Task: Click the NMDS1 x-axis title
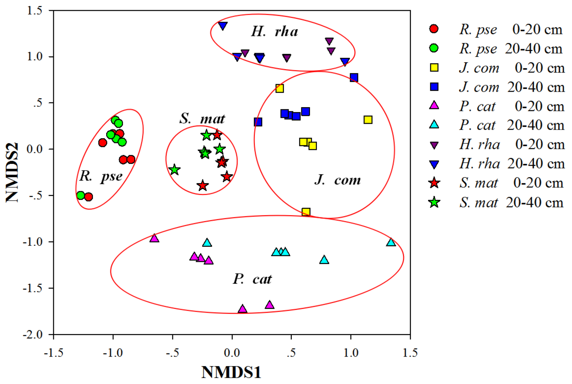[231, 372]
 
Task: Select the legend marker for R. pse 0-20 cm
[434, 28]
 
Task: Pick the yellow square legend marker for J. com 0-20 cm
[434, 68]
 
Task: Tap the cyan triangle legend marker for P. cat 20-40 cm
[434, 125]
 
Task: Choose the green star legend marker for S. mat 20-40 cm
[434, 203]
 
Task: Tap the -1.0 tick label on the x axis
[113, 353]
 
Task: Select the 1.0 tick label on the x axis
[351, 353]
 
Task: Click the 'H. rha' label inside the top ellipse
[274, 32]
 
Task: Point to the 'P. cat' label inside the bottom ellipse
[252, 279]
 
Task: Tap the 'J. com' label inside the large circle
[338, 180]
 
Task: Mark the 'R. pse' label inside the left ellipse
[101, 176]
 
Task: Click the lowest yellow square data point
[306, 212]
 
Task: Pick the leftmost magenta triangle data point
[154, 238]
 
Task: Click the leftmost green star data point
[175, 169]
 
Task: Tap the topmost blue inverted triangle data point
[223, 25]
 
